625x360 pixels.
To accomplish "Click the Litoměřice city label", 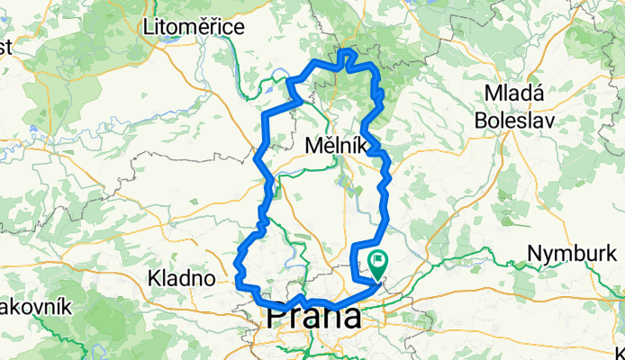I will pos(194,28).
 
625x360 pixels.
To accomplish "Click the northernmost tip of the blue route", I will pos(345,50).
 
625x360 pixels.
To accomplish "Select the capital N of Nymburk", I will pos(534,254).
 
